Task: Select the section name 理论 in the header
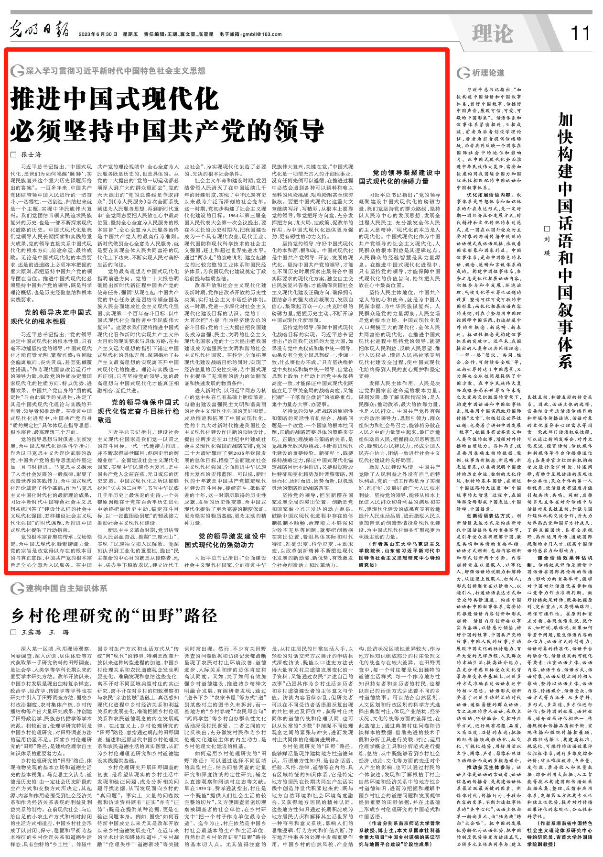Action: click(x=492, y=33)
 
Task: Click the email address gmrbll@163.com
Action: click(x=262, y=34)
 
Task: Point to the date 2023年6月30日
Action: click(x=98, y=34)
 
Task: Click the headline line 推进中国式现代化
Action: click(x=115, y=99)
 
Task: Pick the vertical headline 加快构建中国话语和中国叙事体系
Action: click(x=565, y=239)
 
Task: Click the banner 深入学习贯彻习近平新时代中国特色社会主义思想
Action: click(x=115, y=71)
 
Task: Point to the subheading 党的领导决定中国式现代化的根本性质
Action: click(x=51, y=317)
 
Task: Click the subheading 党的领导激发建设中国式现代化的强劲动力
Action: click(x=226, y=540)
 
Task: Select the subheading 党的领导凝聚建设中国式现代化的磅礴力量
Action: click(x=400, y=177)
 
